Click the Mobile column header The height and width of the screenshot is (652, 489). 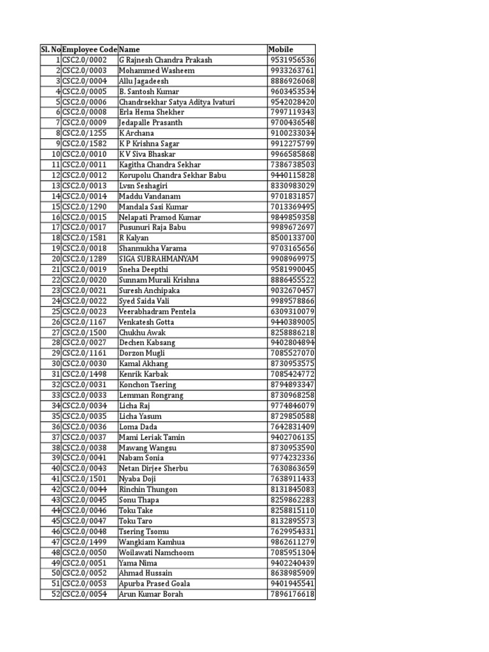pos(281,50)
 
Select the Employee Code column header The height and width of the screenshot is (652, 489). pos(90,50)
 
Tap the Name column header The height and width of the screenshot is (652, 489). pos(130,50)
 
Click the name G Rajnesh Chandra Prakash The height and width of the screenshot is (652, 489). pos(166,60)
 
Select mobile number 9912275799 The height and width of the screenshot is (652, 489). pos(292,144)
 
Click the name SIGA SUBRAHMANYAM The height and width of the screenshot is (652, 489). pos(159,259)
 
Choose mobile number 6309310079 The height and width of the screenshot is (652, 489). pos(292,311)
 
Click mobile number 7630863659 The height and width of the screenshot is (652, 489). pos(292,469)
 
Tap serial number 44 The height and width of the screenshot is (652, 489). pos(56,511)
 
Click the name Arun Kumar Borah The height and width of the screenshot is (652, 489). pos(151,594)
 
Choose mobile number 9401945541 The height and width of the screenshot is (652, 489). pos(292,584)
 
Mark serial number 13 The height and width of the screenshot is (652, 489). pos(56,186)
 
